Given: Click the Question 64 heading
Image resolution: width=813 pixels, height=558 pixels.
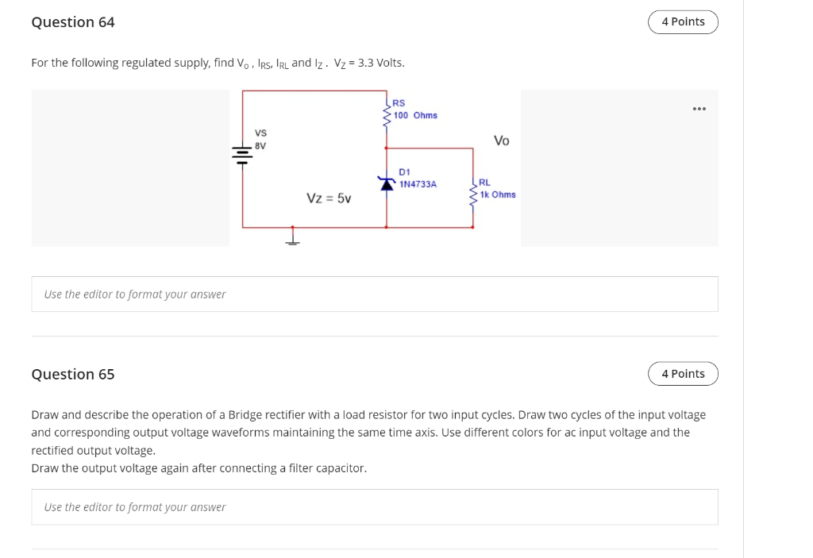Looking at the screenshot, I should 73,22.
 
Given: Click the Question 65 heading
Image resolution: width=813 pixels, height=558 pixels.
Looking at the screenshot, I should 73,374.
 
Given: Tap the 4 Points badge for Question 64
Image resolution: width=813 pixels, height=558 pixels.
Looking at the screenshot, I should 683,22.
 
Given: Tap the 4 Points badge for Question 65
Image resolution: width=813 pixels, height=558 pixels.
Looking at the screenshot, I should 683,374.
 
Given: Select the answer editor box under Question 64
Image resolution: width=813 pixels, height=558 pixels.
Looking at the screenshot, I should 374,294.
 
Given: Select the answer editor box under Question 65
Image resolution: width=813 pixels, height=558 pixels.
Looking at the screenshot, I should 374,507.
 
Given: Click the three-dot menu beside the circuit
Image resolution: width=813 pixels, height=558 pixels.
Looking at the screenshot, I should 699,109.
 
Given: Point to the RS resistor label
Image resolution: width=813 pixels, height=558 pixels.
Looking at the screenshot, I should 399,103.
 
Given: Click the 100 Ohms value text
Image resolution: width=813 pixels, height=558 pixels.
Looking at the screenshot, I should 415,115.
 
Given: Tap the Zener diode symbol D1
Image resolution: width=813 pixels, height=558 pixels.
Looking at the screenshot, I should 387,183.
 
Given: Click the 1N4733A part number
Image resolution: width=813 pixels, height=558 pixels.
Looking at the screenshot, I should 418,184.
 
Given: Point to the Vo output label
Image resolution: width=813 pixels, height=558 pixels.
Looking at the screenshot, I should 501,140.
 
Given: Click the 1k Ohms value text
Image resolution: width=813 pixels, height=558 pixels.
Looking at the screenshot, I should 498,194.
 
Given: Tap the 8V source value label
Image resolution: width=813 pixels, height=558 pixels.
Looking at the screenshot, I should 260,146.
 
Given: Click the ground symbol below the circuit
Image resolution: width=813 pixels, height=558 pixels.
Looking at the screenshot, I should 293,237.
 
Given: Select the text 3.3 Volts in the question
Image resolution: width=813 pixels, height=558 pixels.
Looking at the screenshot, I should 381,63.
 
